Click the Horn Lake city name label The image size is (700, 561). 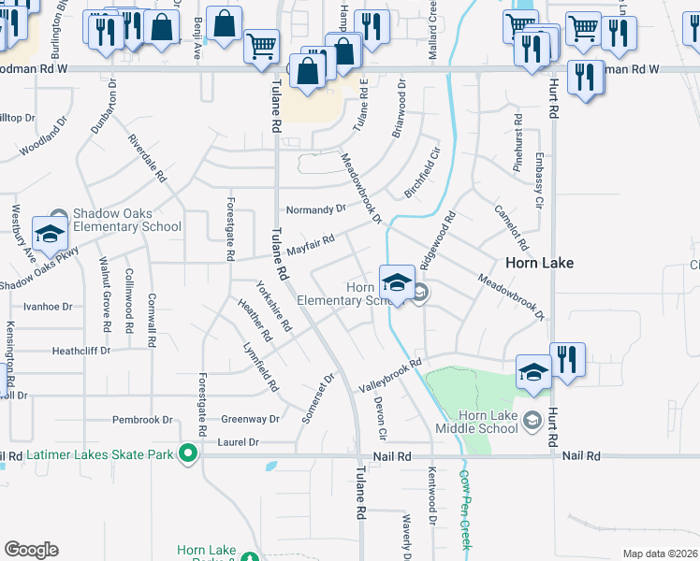click(540, 263)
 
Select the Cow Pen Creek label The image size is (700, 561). click(464, 509)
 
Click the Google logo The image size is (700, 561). click(32, 550)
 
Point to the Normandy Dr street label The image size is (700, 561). click(316, 209)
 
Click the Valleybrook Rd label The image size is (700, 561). click(392, 374)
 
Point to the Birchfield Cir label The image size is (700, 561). click(422, 171)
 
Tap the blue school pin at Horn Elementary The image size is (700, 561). click(397, 282)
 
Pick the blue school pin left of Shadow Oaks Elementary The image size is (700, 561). click(49, 233)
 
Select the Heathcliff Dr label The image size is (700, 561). click(81, 351)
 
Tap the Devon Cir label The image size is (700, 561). click(381, 417)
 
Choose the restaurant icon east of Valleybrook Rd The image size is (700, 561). click(567, 360)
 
